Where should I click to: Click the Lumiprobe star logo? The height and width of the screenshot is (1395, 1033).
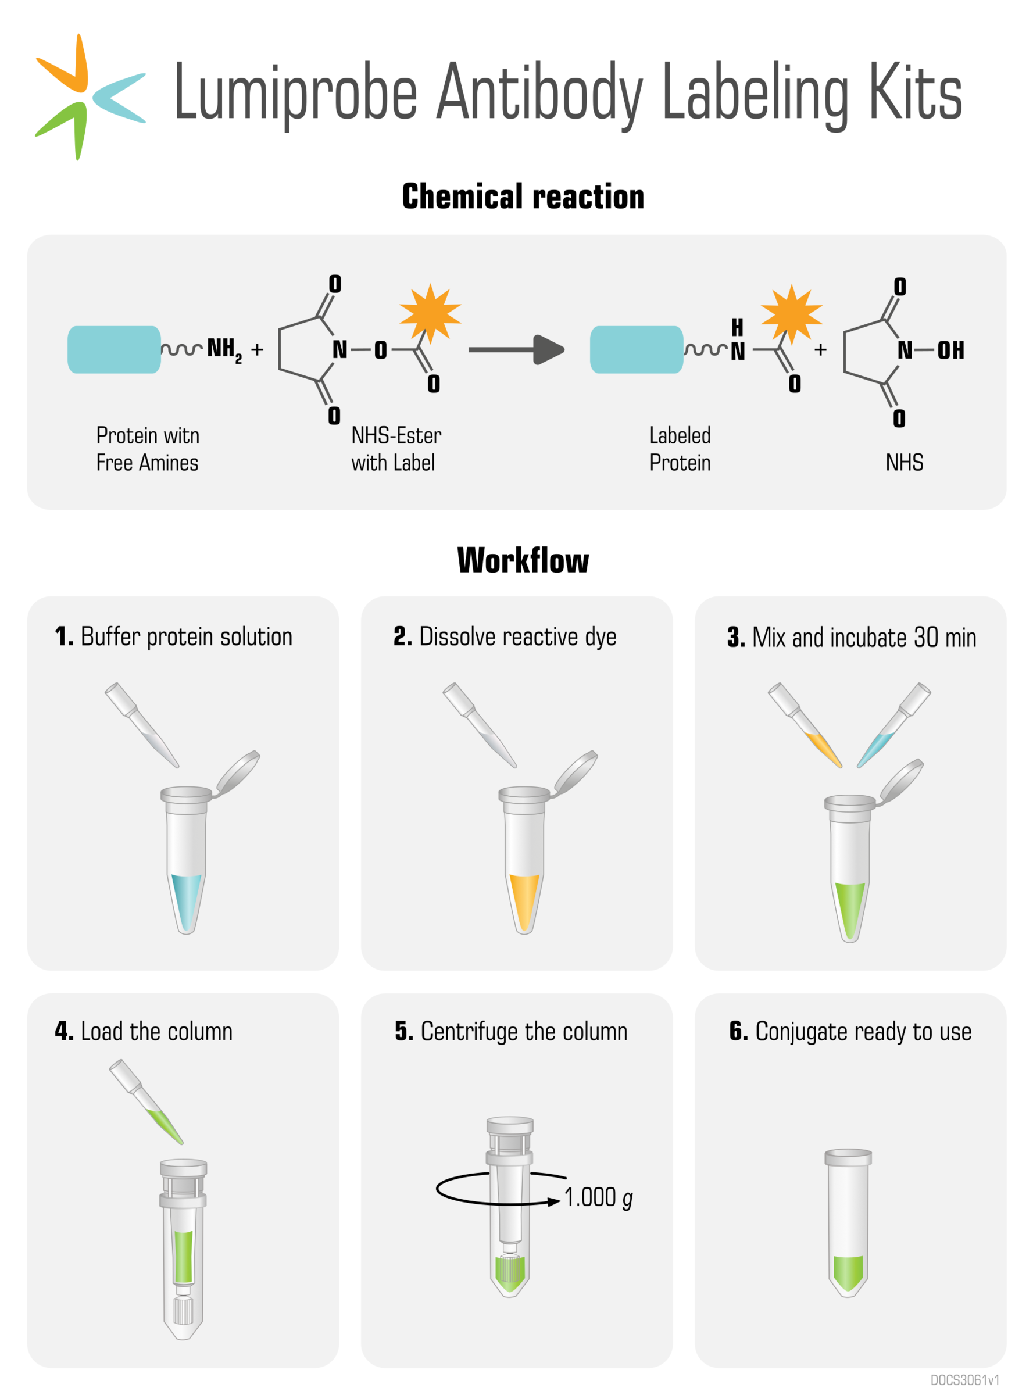point(88,97)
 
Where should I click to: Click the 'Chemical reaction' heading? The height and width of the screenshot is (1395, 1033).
point(523,196)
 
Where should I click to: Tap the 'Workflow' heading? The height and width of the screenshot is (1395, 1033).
point(523,560)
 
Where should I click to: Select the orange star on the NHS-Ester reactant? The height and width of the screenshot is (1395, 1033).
point(430,313)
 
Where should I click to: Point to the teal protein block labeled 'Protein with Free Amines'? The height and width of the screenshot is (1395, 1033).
point(114,349)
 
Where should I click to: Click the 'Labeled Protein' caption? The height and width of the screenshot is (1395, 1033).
point(680,449)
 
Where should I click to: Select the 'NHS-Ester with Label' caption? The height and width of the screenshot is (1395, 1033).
point(396,449)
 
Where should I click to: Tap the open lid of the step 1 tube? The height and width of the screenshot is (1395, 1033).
point(238,771)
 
